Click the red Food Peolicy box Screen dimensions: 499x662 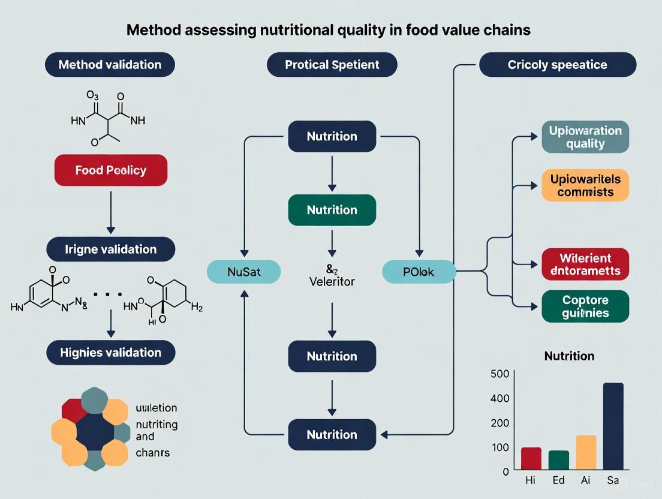pyautogui.click(x=110, y=170)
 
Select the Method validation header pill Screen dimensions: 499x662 pyautogui.click(x=110, y=65)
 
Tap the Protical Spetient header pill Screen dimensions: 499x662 pyautogui.click(x=332, y=65)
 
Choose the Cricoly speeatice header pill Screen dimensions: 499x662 pyautogui.click(x=558, y=65)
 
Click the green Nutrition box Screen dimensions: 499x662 pyautogui.click(x=332, y=210)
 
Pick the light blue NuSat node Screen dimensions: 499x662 pyautogui.click(x=243, y=272)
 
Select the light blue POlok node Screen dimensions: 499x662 pyautogui.click(x=419, y=272)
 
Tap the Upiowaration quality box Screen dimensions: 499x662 pyautogui.click(x=585, y=137)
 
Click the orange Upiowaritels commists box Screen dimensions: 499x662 pyautogui.click(x=585, y=185)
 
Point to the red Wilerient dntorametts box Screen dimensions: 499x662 pyautogui.click(x=585, y=264)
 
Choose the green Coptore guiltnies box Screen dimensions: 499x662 pyautogui.click(x=585, y=306)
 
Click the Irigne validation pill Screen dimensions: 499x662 pyautogui.click(x=110, y=249)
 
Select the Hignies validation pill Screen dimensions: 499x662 pyautogui.click(x=110, y=353)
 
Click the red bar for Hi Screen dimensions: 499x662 pyautogui.click(x=531, y=458)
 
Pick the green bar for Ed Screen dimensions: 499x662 pyautogui.click(x=558, y=459)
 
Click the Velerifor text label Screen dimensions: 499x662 pyautogui.click(x=332, y=281)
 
